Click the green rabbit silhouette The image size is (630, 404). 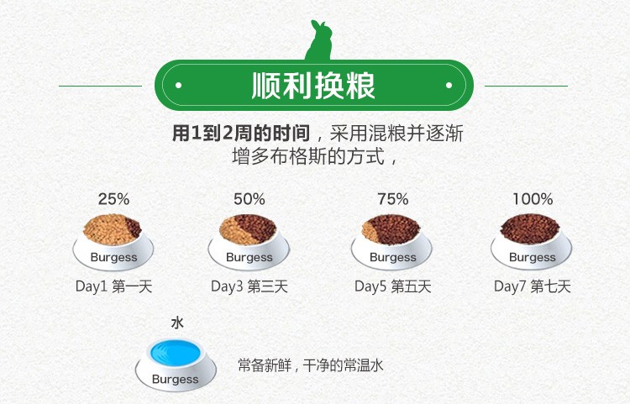pos(319,42)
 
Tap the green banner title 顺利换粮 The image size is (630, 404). pos(313,86)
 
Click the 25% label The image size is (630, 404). pos(113,199)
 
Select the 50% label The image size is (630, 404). pos(249,199)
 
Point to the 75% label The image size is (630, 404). pos(392,199)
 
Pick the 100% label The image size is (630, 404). pos(533,199)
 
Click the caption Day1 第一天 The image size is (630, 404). pos(113,286)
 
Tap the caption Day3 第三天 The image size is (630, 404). pos(249,286)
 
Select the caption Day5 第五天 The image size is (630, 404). pos(392,286)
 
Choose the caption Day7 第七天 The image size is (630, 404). pos(533,286)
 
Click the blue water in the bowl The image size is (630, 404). pos(176,353)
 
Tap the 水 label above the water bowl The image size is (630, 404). pos(177,323)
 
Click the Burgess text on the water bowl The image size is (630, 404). pos(176,379)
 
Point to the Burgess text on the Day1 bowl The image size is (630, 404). pos(113,257)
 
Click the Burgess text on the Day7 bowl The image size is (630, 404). pos(533,257)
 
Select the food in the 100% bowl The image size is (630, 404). pos(529,228)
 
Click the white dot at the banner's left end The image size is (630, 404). pos(179,85)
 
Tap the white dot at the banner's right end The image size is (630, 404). pos(449,85)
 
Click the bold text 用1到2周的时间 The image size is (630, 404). pos(241,133)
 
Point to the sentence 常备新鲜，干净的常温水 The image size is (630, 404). pos(311,365)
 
